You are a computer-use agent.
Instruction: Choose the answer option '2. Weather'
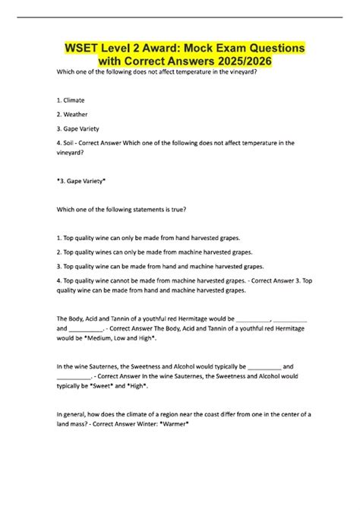click(71, 114)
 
